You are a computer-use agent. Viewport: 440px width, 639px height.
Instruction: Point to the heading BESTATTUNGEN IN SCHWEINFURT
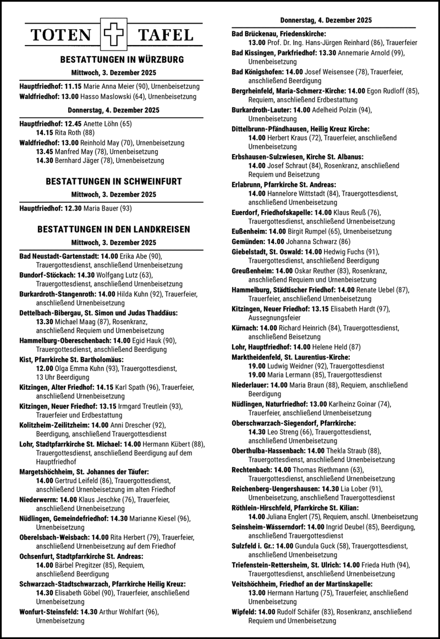tap(114, 181)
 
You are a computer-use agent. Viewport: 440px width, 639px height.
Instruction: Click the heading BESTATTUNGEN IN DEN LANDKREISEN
tap(114, 229)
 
